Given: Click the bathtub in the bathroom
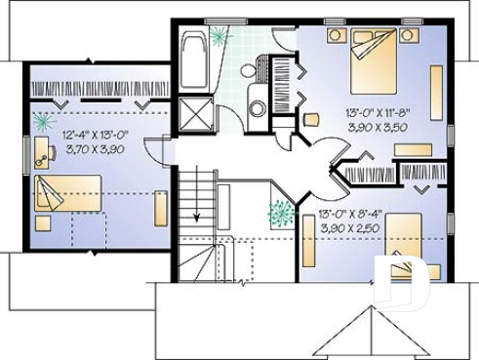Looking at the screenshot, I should tap(192, 60).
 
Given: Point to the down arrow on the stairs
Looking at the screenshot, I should tap(198, 217).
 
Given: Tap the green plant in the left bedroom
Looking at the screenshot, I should tap(43, 121).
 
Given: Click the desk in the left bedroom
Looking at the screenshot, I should tap(41, 151).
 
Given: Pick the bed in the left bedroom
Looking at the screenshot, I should tap(68, 192).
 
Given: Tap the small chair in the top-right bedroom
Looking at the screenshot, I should tap(311, 120).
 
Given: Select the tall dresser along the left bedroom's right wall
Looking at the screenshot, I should tap(161, 208).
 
